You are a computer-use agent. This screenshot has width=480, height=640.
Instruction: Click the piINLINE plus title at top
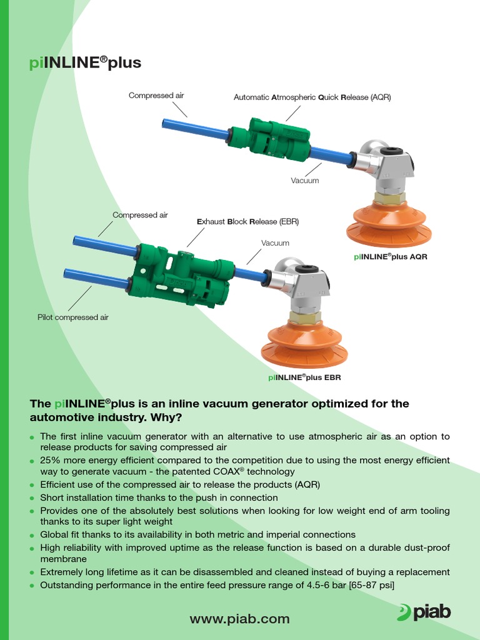coord(86,62)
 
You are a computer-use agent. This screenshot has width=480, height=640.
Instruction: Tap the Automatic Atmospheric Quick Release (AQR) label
coord(312,97)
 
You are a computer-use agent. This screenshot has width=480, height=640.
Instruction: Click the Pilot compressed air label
coord(73,317)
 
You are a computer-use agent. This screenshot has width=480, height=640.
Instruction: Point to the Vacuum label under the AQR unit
coord(304,181)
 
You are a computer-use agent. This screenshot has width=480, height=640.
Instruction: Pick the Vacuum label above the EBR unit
coord(275,243)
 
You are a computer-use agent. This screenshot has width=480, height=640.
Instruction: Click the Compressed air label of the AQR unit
coord(156,96)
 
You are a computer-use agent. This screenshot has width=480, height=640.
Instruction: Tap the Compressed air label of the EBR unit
coord(140,215)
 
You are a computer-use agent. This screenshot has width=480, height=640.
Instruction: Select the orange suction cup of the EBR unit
coord(304,346)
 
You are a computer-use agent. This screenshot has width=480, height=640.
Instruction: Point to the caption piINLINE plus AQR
coord(391,257)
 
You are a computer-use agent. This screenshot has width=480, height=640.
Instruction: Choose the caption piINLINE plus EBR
coord(304,377)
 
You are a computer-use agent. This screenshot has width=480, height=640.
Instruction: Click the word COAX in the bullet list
coord(222,472)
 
